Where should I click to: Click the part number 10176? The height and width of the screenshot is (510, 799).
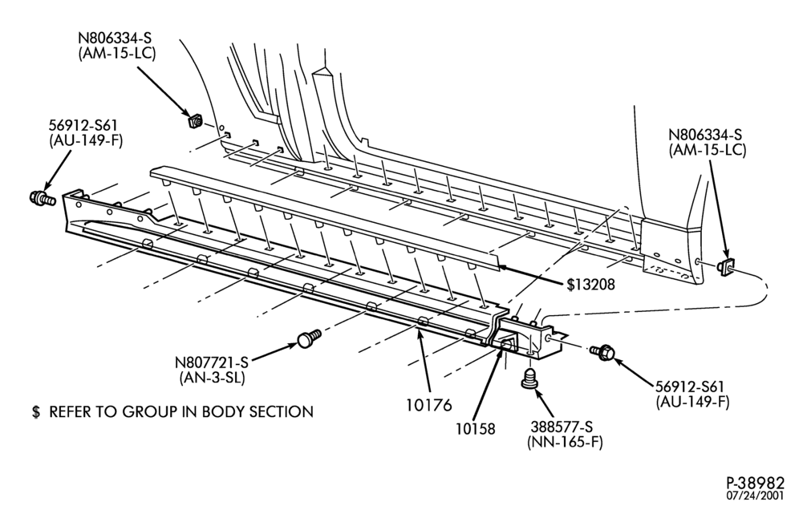click(x=429, y=405)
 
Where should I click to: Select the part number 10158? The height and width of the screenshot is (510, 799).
click(x=476, y=429)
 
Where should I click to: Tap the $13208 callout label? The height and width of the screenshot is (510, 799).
click(x=591, y=285)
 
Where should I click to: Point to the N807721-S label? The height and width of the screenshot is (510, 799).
click(x=212, y=362)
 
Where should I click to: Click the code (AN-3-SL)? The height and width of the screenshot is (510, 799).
click(x=212, y=378)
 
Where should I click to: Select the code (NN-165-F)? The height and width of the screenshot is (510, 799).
click(x=565, y=442)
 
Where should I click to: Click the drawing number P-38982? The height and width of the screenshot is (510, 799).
click(x=755, y=483)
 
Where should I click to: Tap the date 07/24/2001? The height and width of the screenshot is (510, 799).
click(x=756, y=496)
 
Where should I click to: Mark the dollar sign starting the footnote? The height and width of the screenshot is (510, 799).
click(x=35, y=411)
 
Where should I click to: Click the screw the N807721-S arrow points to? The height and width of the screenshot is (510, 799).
click(x=308, y=338)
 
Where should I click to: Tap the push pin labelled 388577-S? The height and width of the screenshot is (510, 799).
click(x=529, y=378)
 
